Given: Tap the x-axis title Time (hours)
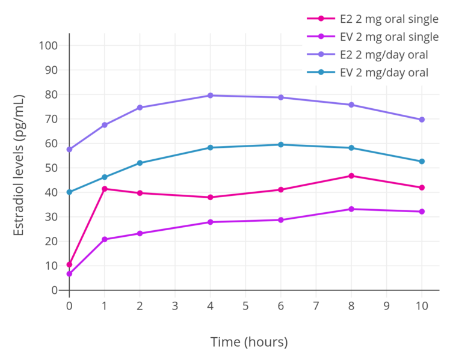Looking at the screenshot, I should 249,342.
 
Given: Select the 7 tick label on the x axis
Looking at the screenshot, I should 316,306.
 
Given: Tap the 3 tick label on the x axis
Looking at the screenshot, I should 175,306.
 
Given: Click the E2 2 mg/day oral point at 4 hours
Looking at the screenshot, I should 211,96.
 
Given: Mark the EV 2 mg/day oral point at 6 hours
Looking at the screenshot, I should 281,144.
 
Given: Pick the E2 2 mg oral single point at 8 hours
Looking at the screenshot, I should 351,175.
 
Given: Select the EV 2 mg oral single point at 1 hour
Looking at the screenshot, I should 105,239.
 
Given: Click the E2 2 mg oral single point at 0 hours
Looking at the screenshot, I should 69,264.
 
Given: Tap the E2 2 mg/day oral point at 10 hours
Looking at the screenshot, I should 422,120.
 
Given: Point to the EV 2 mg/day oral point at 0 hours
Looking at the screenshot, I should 69,192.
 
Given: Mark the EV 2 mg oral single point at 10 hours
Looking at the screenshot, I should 422,212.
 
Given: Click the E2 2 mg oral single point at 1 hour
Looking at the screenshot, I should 105,189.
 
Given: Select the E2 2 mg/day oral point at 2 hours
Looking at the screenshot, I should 140,108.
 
